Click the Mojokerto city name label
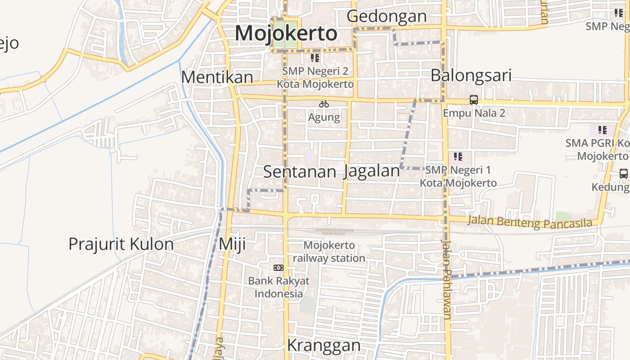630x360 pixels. (x=286, y=34)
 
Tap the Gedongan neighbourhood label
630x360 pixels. (x=387, y=16)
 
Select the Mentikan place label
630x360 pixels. (x=217, y=77)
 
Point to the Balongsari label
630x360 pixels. (x=471, y=76)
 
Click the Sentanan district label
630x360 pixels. (x=300, y=171)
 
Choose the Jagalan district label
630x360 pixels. (x=371, y=171)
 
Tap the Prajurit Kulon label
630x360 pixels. (x=121, y=244)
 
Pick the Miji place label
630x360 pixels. (x=232, y=244)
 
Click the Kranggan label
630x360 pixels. (x=324, y=346)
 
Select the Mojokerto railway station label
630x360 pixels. (x=329, y=252)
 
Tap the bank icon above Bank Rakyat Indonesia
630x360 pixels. (x=279, y=268)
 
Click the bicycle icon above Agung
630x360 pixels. (x=324, y=104)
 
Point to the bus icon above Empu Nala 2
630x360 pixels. (x=474, y=99)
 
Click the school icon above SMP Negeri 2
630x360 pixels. (x=315, y=58)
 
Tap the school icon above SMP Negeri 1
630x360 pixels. (x=458, y=157)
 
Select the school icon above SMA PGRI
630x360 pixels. (x=603, y=130)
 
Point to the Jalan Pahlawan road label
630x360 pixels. (x=446, y=279)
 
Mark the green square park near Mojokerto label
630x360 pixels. (x=286, y=34)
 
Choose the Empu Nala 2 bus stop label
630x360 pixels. (x=474, y=113)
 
